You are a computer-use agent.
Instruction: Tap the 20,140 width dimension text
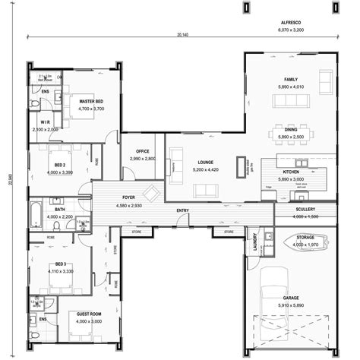coord(182,35)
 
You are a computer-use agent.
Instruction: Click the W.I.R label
coord(45,122)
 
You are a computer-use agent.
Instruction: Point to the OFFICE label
coord(142,151)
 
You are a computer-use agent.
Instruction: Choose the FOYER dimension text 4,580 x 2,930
coord(128,206)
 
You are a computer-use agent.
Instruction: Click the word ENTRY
coord(183,210)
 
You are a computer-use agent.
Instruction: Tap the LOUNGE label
coord(204,162)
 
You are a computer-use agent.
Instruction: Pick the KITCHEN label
coord(291,172)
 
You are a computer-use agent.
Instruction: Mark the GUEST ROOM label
coord(89,312)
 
